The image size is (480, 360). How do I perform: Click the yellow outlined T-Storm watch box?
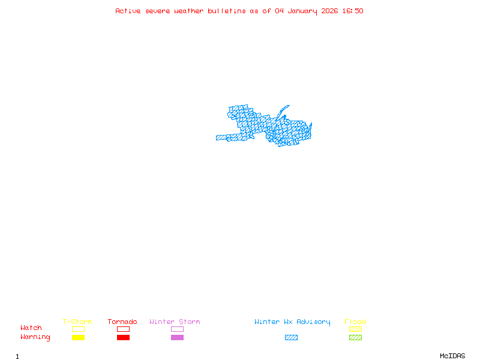(78, 329)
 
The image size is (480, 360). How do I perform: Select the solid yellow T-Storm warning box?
(78, 338)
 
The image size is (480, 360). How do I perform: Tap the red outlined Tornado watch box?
(123, 329)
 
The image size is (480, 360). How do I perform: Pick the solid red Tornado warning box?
(123, 338)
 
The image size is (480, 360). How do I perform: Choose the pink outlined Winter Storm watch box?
(177, 329)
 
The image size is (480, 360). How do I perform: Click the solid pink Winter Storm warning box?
(177, 338)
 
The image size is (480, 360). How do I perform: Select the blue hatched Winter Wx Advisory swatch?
(291, 338)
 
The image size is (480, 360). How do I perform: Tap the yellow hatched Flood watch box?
(355, 329)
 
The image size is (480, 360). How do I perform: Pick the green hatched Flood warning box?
(355, 338)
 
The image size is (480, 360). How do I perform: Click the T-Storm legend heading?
(77, 322)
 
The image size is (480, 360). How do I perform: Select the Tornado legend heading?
(122, 322)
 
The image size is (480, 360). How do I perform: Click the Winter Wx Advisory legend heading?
(292, 322)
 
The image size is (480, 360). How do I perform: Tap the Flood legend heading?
(355, 322)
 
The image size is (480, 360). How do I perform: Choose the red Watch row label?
(31, 328)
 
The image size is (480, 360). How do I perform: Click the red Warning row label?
(35, 337)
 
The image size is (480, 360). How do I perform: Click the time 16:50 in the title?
(352, 11)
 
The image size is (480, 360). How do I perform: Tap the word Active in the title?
(128, 11)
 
